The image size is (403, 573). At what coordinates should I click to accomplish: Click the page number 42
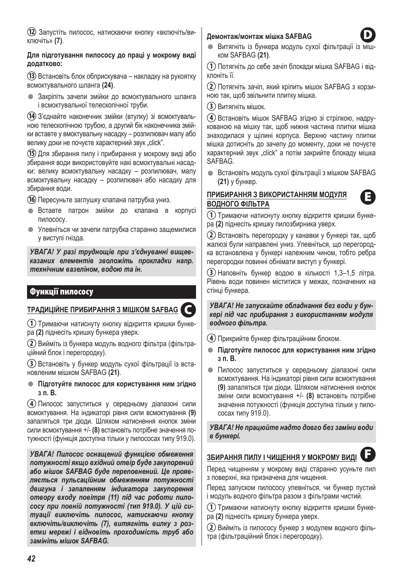point(31,559)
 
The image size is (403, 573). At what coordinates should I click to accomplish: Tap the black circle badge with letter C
point(188,309)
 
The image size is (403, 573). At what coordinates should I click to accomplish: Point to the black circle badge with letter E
point(368,197)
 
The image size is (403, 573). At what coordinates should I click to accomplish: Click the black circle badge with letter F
point(368,454)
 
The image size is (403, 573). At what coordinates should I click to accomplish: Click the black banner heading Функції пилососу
point(112,292)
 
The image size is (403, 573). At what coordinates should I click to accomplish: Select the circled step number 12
point(31,33)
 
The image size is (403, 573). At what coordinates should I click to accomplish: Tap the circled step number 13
point(31,77)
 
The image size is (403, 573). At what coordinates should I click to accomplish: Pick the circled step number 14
point(31,116)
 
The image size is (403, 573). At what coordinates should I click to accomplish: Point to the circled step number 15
point(31,154)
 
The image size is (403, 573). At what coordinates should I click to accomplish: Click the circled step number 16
point(31,200)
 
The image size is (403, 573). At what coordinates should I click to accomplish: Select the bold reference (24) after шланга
point(108,85)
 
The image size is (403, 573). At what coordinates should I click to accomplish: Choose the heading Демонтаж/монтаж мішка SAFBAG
point(259,37)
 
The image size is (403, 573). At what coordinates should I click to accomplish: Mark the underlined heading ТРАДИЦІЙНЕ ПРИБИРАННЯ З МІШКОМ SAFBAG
point(103,310)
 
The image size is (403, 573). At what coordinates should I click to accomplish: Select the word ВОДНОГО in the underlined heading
point(221,204)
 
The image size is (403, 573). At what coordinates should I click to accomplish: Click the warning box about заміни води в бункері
point(291,432)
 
